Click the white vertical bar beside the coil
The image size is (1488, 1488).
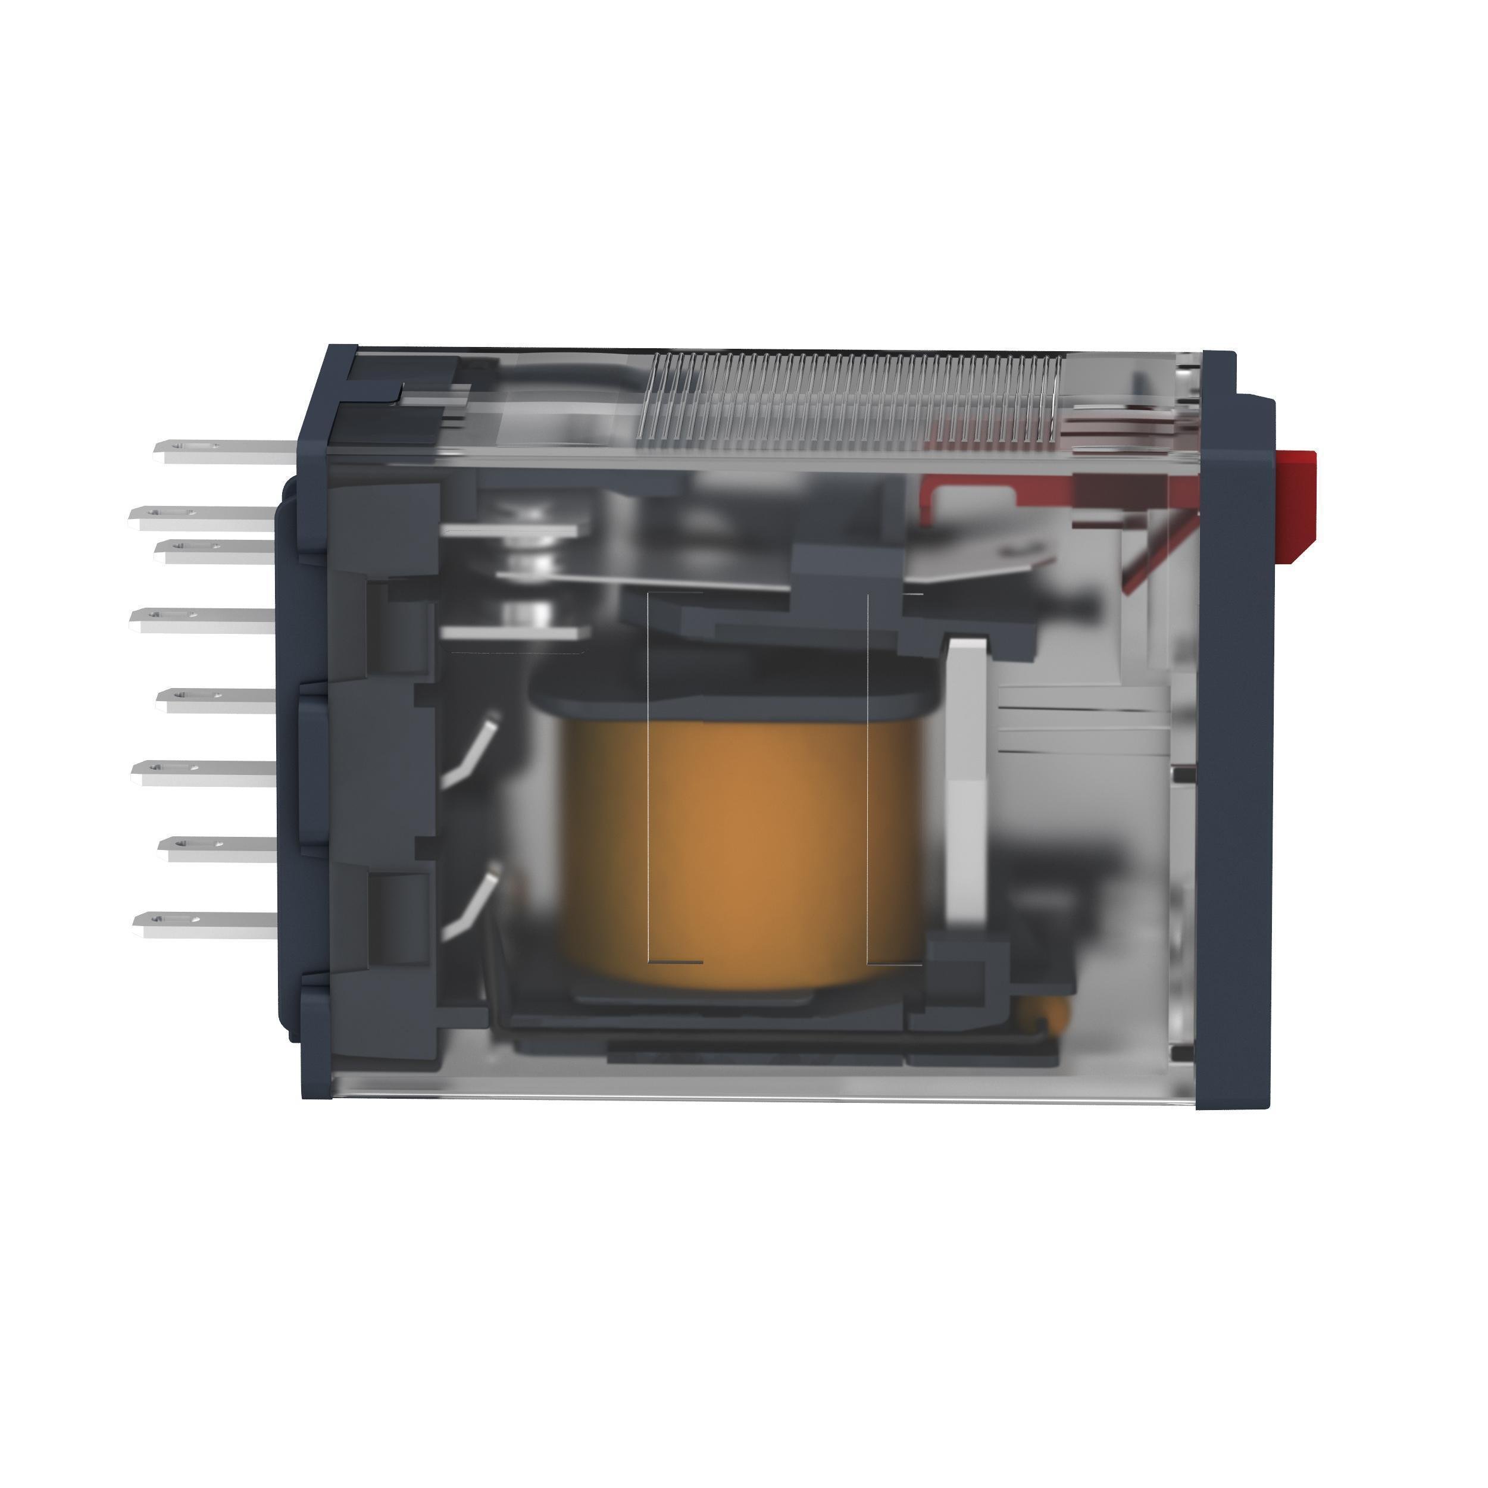pos(967,778)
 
